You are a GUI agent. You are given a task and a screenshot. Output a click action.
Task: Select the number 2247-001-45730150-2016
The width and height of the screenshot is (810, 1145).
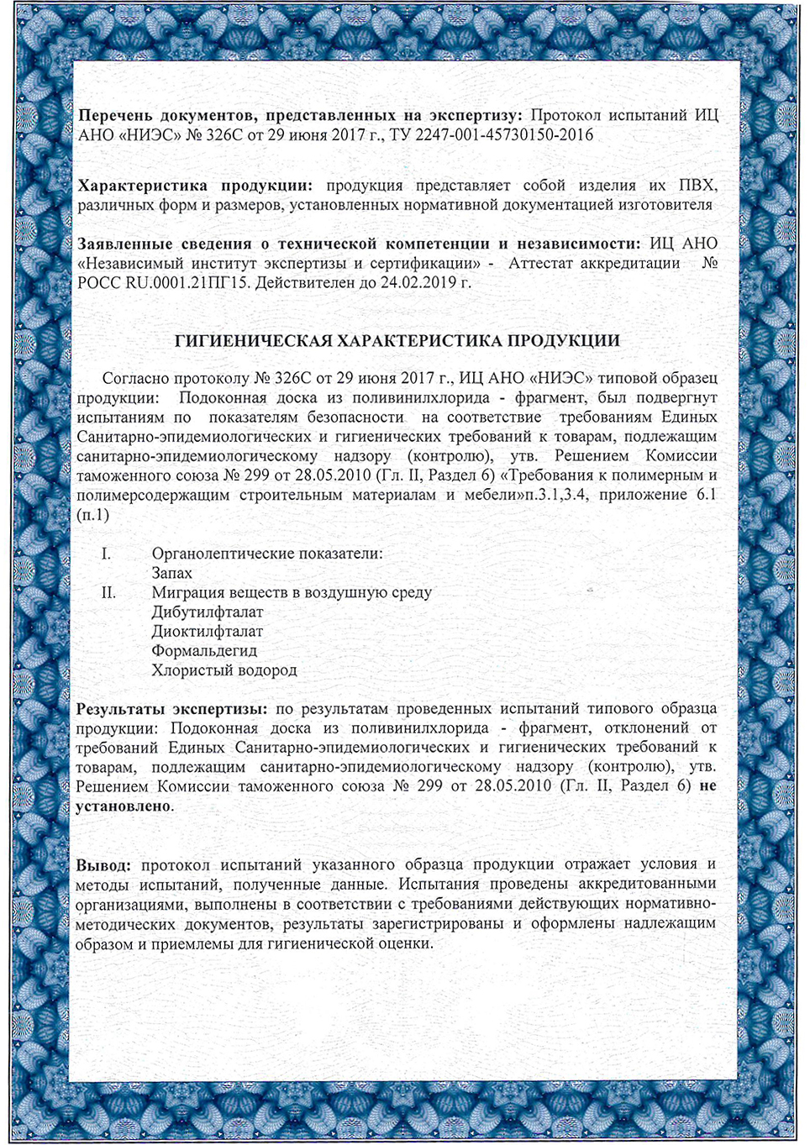pyautogui.click(x=513, y=135)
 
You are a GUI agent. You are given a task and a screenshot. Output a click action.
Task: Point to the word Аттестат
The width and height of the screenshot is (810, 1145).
pyautogui.click(x=551, y=264)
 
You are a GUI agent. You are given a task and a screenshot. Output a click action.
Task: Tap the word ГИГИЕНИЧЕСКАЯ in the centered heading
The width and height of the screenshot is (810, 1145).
pyautogui.click(x=252, y=341)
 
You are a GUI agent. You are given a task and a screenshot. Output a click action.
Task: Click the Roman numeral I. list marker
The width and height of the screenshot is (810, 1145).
pyautogui.click(x=107, y=554)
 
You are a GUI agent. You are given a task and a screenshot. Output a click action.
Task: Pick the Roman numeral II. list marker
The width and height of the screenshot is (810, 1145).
pyautogui.click(x=108, y=593)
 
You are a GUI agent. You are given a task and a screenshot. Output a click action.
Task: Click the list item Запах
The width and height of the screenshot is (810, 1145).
pyautogui.click(x=171, y=574)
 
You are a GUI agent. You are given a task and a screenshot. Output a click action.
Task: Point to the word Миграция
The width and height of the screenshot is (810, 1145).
pyautogui.click(x=187, y=593)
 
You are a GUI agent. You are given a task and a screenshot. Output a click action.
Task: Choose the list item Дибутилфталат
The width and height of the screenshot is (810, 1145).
pyautogui.click(x=208, y=612)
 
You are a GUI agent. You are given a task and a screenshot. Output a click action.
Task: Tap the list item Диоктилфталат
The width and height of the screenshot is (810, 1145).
pyautogui.click(x=208, y=632)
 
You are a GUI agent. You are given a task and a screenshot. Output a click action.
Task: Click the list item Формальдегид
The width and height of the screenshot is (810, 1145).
pyautogui.click(x=204, y=651)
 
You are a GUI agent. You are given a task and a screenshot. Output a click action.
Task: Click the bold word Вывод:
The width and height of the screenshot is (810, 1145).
pyautogui.click(x=103, y=865)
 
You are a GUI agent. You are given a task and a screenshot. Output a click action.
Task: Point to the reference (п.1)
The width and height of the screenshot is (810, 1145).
pyautogui.click(x=92, y=515)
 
